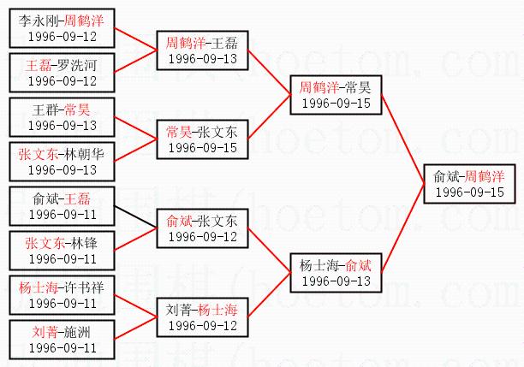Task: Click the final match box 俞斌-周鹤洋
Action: pyautogui.click(x=468, y=183)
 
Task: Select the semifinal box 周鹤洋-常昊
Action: pyautogui.click(x=335, y=94)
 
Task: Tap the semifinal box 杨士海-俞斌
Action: pyautogui.click(x=335, y=272)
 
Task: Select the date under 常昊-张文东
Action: pyautogui.click(x=202, y=147)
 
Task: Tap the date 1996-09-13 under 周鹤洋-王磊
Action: pyautogui.click(x=202, y=58)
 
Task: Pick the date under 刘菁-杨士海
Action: pyautogui.click(x=202, y=325)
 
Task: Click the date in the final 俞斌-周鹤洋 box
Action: pyautogui.click(x=468, y=192)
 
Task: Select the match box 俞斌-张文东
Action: pyautogui.click(x=202, y=228)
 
